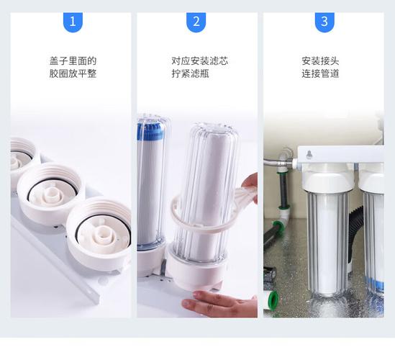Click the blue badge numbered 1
(x=73, y=22)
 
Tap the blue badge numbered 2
(x=196, y=22)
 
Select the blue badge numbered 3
(x=324, y=22)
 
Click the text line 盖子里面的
(x=73, y=60)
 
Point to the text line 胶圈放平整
(x=73, y=74)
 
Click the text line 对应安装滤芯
(x=199, y=60)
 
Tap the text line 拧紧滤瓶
(x=190, y=74)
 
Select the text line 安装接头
(x=320, y=60)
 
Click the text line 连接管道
(x=320, y=74)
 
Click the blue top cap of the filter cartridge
(x=151, y=130)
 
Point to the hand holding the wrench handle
(x=250, y=185)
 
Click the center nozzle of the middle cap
(x=52, y=194)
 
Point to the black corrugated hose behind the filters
(x=355, y=235)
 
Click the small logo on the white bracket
(x=309, y=154)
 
